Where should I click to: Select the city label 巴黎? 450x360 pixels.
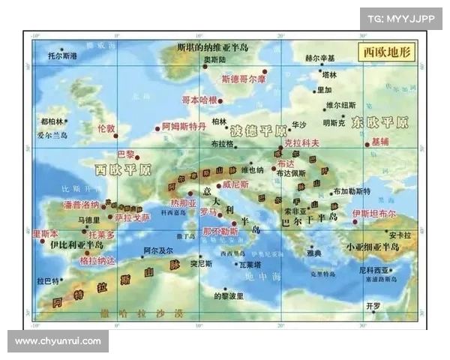click(x=125, y=154)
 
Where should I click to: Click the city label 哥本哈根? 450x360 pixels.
click(x=199, y=100)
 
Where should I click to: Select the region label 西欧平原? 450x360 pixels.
click(x=123, y=168)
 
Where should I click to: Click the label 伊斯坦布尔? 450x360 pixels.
click(x=373, y=214)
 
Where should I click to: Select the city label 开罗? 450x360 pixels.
click(x=373, y=306)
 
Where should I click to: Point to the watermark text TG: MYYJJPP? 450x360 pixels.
click(x=401, y=18)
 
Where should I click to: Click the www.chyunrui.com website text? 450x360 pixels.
click(x=58, y=341)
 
